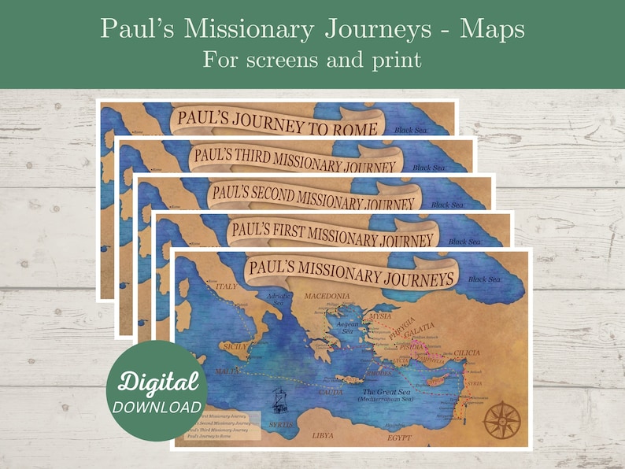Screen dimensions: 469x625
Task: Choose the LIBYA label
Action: pos(322,434)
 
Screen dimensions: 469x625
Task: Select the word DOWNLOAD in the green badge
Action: pos(157,407)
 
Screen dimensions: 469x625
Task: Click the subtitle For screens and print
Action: pos(312,59)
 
